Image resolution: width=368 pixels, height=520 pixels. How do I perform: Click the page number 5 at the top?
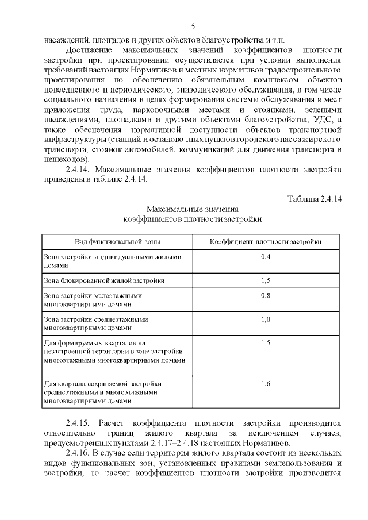(193, 26)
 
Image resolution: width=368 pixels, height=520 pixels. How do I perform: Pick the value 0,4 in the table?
(266, 256)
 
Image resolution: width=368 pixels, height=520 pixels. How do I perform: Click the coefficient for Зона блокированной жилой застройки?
(266, 280)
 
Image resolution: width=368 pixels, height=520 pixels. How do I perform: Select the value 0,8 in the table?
(266, 295)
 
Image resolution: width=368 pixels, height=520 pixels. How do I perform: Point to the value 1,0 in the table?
(266, 319)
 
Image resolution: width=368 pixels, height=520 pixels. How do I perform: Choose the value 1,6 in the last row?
(266, 383)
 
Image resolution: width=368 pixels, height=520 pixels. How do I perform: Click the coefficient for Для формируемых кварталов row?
(266, 343)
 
